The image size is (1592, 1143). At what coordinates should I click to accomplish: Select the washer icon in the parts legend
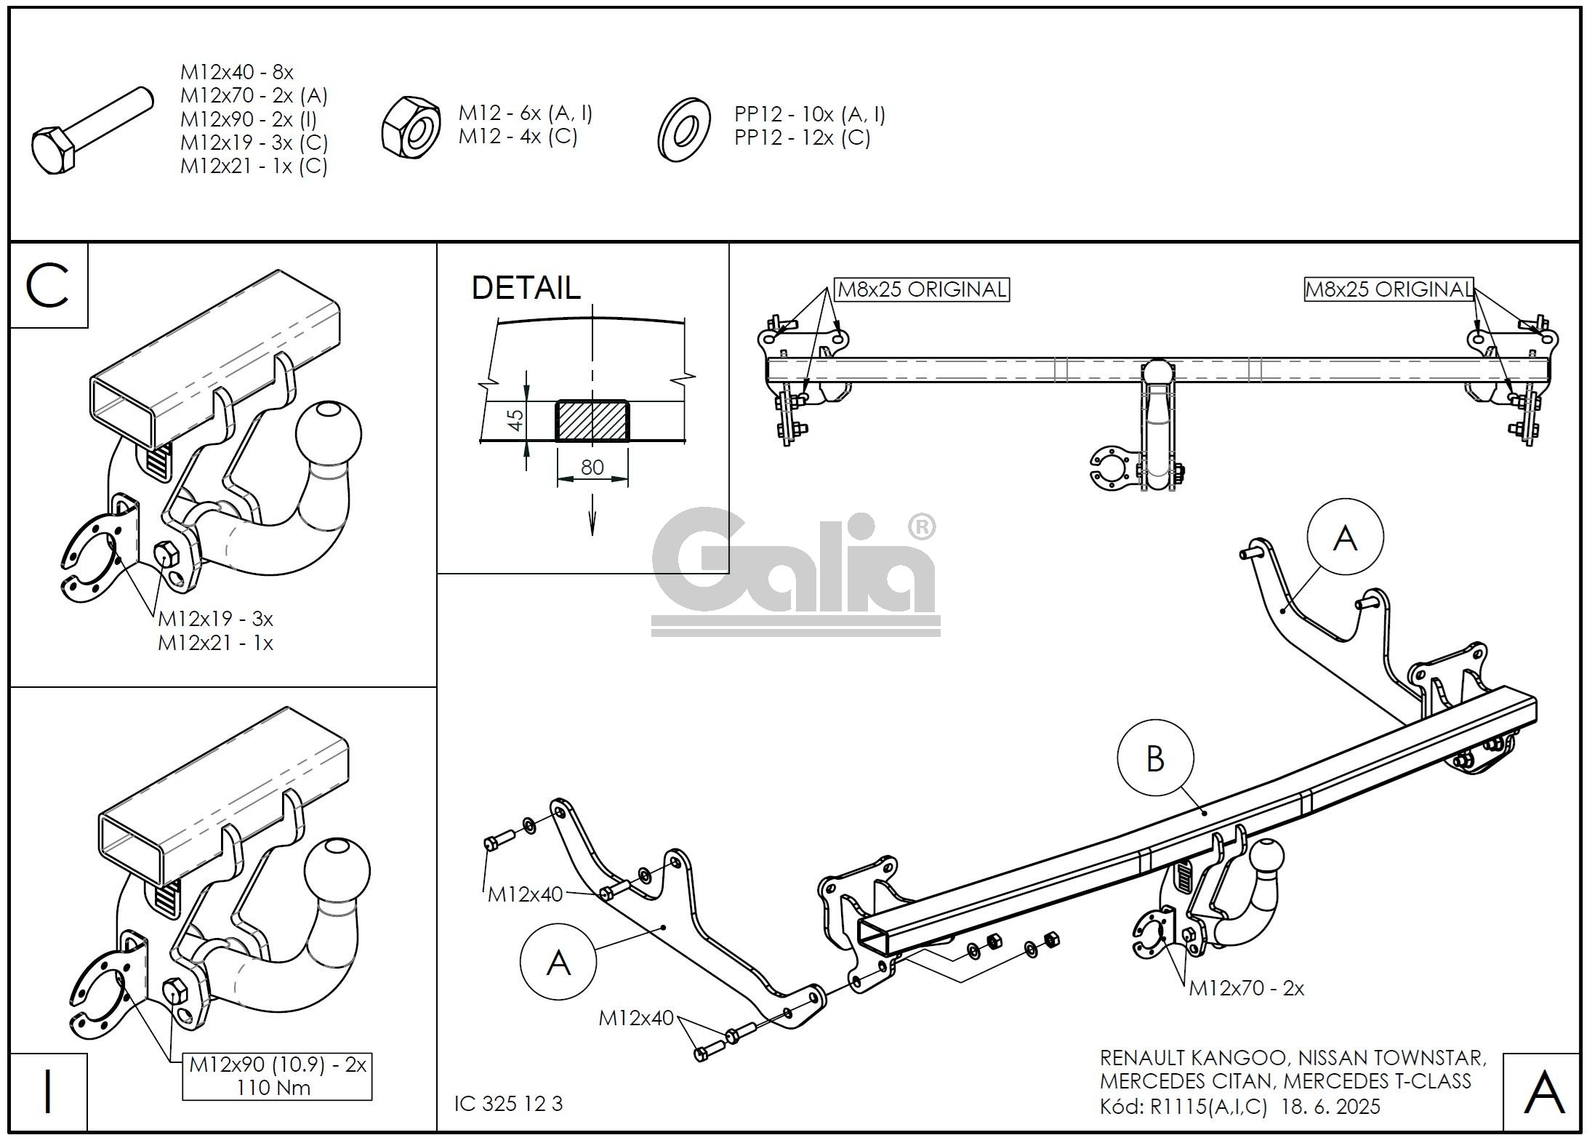(x=683, y=129)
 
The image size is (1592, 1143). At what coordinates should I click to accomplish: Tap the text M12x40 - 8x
(x=237, y=72)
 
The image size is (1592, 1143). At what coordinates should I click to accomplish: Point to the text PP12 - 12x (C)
(x=803, y=137)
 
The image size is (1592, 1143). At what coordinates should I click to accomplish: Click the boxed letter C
(x=47, y=286)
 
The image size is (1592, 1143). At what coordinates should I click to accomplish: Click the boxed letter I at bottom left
(x=49, y=1092)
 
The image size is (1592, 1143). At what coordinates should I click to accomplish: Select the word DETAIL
(x=526, y=288)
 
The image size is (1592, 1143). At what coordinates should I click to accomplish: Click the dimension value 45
(x=515, y=420)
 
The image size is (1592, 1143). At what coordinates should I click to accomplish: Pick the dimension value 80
(x=592, y=467)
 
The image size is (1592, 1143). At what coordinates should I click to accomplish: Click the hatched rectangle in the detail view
(x=592, y=420)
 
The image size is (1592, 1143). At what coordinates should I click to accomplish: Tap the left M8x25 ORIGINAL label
(x=922, y=289)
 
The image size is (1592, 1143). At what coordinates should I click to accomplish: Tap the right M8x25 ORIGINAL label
(x=1388, y=289)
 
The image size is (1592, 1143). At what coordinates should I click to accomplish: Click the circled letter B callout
(x=1155, y=759)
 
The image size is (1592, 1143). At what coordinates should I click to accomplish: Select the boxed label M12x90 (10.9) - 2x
(x=278, y=1064)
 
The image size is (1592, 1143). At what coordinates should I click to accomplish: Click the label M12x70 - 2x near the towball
(x=1247, y=988)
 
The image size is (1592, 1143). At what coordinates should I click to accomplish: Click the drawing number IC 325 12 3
(x=509, y=1104)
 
